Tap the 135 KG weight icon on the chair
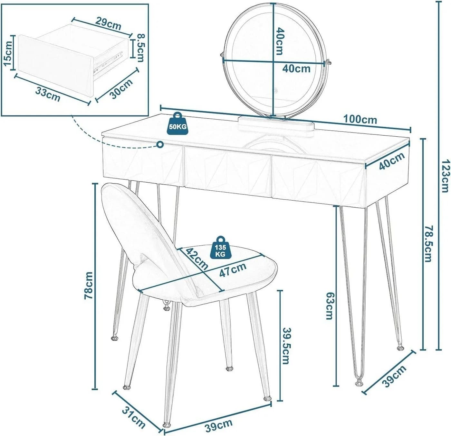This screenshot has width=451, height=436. [220, 248]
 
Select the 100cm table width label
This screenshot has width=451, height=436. [360, 120]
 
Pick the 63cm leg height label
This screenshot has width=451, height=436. [329, 306]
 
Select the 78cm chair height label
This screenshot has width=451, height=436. [89, 286]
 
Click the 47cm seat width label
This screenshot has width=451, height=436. [233, 270]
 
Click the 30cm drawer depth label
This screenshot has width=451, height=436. [121, 88]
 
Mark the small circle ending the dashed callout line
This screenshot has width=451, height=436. [160, 145]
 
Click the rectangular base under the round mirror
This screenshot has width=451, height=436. [277, 123]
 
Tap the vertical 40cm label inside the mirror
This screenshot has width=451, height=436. [280, 41]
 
